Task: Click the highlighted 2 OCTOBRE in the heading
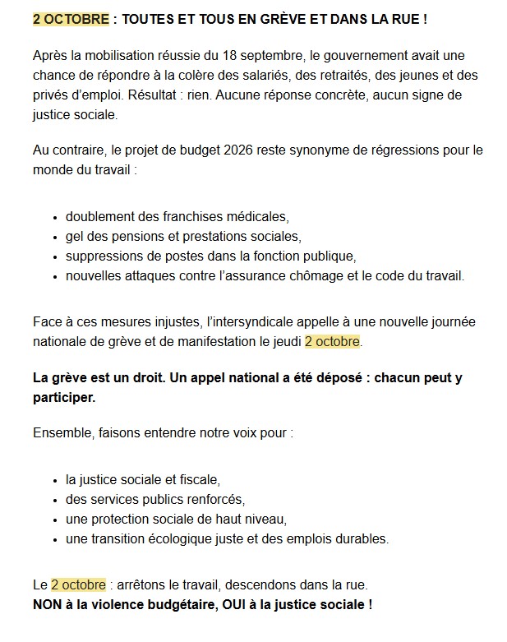[71, 18]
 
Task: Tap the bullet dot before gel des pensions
[55, 238]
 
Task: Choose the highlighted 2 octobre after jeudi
[332, 341]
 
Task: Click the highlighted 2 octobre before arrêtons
[78, 585]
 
